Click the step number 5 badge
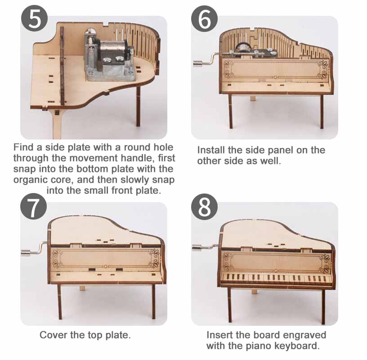(x=34, y=18)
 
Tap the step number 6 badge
(x=204, y=18)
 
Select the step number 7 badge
(x=33, y=207)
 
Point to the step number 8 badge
(x=204, y=207)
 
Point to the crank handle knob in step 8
(x=197, y=247)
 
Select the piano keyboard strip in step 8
(x=277, y=278)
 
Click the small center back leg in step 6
(x=252, y=98)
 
